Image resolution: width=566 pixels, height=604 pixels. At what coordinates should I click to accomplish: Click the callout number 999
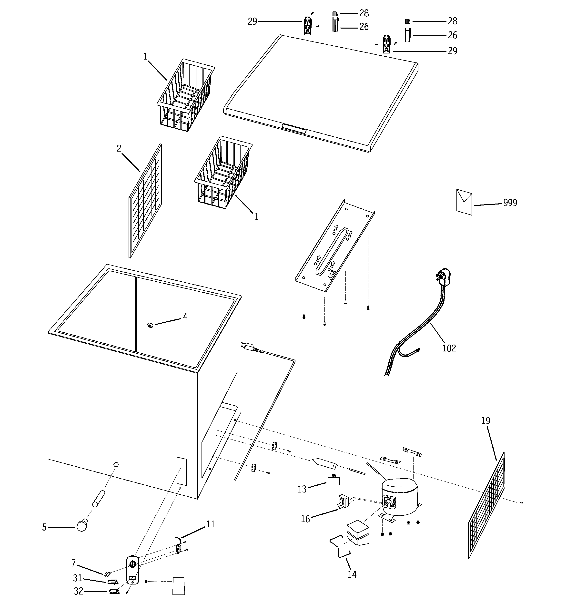click(x=510, y=203)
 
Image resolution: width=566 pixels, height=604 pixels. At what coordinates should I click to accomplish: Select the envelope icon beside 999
click(x=464, y=202)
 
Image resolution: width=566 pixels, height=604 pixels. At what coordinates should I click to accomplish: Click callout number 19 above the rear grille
click(x=485, y=421)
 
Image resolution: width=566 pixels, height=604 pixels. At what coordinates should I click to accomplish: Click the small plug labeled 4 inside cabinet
click(x=150, y=325)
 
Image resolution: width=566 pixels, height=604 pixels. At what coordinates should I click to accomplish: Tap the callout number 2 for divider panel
click(x=119, y=149)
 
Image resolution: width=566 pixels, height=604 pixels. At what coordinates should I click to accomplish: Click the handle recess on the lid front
click(x=294, y=129)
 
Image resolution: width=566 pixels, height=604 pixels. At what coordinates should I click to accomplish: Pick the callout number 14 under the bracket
click(x=352, y=574)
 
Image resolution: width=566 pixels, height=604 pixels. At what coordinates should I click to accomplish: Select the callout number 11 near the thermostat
click(x=211, y=524)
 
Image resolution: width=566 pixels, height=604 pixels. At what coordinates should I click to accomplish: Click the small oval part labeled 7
click(x=107, y=574)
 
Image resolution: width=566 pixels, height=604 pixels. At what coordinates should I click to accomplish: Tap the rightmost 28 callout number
click(x=452, y=21)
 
